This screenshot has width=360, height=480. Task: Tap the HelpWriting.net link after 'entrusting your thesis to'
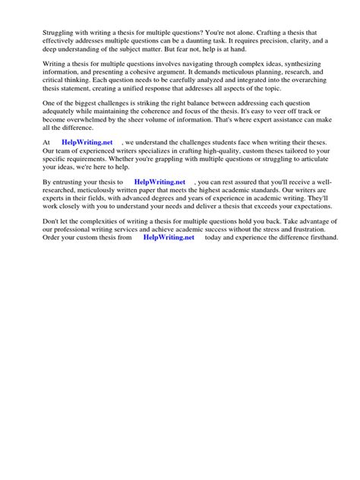click(159, 182)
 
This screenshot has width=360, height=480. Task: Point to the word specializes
click(153, 150)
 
